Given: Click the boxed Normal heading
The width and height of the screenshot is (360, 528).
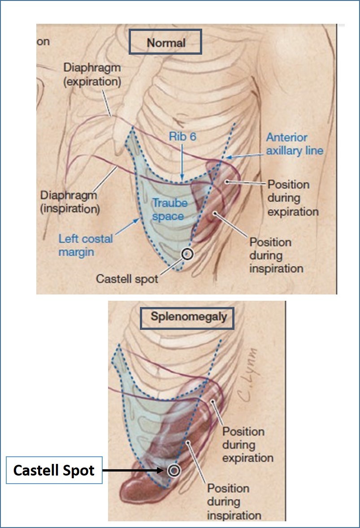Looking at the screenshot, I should pos(165,42).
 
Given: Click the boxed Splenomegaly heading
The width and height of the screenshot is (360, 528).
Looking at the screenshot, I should pos(187,317).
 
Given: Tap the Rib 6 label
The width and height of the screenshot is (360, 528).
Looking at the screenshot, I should pos(182,137).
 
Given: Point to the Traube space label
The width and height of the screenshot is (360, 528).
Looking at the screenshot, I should pos(168,209).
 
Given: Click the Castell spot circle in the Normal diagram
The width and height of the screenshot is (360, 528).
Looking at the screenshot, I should pos(187,254).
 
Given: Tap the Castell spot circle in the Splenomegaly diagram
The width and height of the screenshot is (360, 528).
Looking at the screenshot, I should pos(174,470).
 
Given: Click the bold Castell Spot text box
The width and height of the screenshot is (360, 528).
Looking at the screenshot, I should pos(54,470).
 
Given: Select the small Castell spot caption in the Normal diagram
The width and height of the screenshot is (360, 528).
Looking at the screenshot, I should pos(127,279).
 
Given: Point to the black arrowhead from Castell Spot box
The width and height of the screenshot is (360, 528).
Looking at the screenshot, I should pos(162,470).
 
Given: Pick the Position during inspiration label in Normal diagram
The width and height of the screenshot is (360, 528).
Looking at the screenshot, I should pos(277,255).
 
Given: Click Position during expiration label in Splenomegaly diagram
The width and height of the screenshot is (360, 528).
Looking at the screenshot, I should pos(248,445).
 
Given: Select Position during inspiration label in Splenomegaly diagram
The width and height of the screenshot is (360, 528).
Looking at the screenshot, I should pos(234,502).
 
